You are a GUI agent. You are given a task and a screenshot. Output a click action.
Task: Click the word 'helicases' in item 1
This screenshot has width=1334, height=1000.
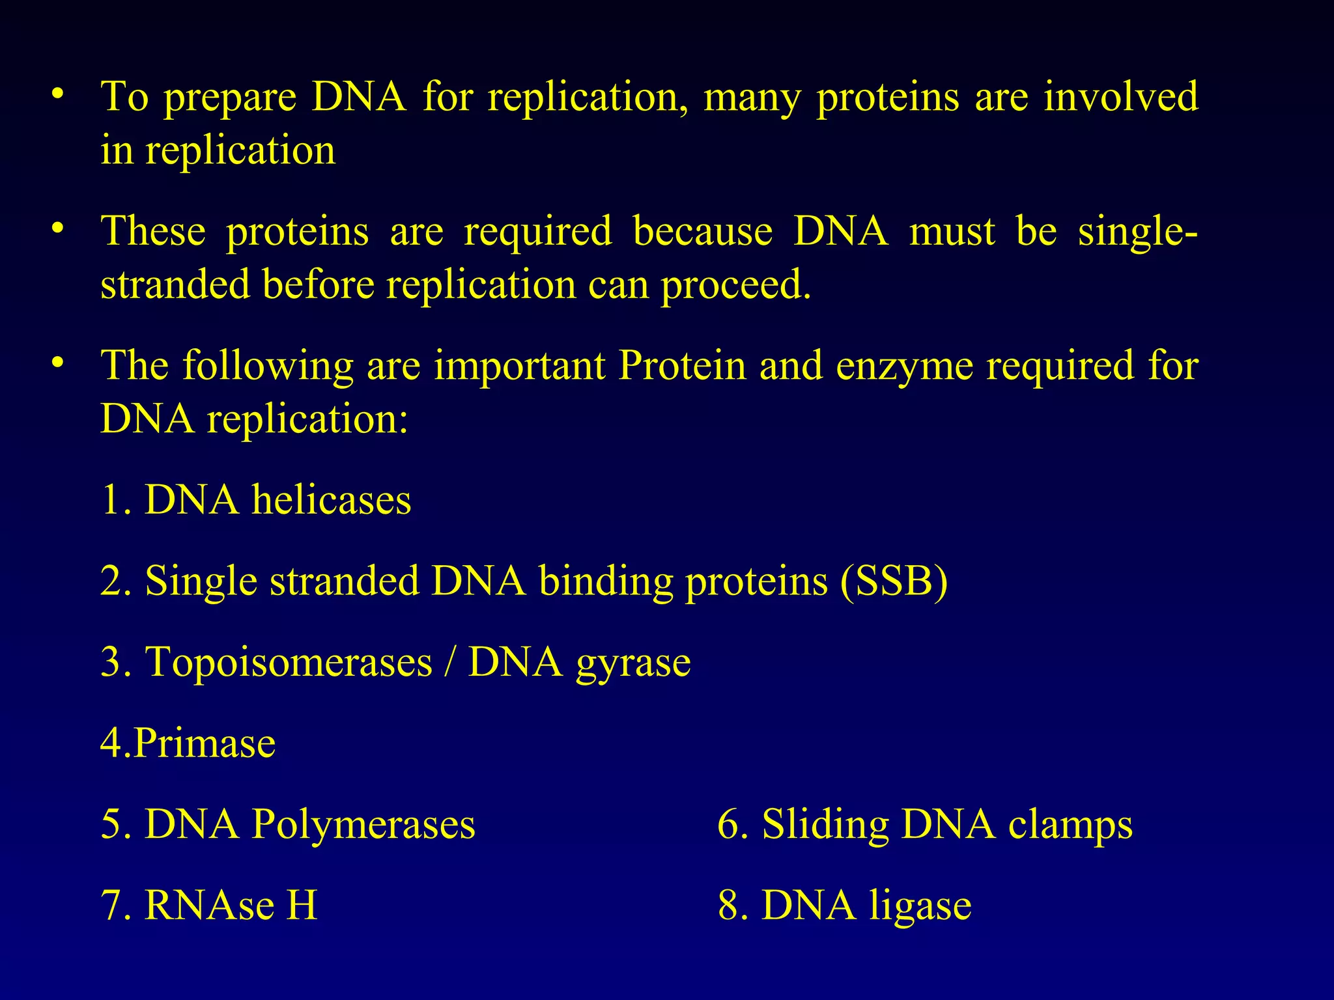pos(331,500)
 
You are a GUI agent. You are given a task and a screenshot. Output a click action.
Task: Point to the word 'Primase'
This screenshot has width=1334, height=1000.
pos(205,743)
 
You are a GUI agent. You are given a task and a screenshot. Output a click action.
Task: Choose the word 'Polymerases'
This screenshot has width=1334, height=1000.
pos(363,824)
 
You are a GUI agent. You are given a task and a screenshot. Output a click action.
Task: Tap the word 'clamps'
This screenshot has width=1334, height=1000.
pos(1070,825)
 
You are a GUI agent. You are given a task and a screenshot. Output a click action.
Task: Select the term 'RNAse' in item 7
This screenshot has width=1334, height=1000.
pos(209,905)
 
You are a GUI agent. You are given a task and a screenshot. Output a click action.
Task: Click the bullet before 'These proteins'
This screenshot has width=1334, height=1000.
pos(58,229)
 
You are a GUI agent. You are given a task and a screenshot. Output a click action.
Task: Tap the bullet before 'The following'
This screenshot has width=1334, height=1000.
pos(58,363)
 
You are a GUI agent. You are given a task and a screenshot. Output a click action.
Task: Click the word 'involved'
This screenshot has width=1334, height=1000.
pos(1121,96)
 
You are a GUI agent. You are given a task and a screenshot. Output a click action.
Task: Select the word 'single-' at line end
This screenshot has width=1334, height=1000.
pos(1137,232)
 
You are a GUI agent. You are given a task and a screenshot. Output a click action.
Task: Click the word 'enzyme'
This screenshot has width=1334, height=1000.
pos(904,366)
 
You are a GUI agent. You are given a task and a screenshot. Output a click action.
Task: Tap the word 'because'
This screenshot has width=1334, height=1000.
pos(703,230)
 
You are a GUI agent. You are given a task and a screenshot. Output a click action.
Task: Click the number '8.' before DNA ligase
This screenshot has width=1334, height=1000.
pos(731,905)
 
